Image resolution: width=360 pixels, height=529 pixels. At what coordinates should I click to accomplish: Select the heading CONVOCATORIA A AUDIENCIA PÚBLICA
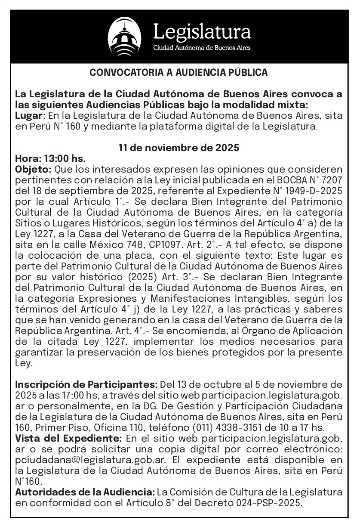[x=178, y=73]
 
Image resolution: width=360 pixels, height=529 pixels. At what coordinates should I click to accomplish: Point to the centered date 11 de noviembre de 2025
[x=178, y=148]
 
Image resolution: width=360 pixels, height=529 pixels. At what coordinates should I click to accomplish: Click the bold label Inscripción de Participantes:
[x=86, y=384]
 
